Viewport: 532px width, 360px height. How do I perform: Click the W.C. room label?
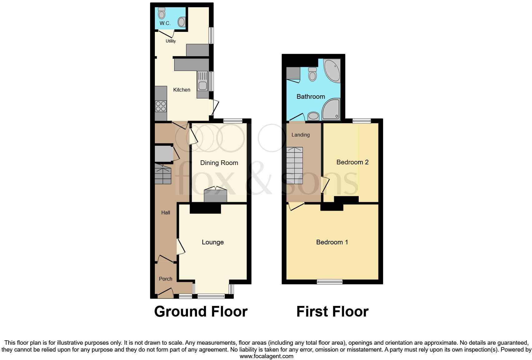click(x=165, y=23)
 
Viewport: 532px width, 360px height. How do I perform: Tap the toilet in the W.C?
click(x=161, y=13)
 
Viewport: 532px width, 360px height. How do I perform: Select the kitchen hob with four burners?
click(x=161, y=106)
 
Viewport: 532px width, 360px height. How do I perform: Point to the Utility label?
click(x=170, y=41)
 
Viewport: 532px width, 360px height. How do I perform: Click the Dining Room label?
click(x=219, y=163)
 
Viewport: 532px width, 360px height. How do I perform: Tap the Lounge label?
click(x=213, y=242)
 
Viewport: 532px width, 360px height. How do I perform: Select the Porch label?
click(x=165, y=279)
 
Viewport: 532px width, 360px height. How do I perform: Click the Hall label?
click(x=165, y=212)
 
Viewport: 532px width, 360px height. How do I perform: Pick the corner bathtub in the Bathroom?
click(x=332, y=70)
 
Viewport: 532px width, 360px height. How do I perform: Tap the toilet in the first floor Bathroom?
click(x=312, y=74)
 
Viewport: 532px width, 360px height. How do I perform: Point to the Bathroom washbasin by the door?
click(x=313, y=117)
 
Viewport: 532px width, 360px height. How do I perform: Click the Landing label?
click(x=300, y=135)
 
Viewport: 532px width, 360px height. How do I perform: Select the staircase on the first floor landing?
click(x=295, y=166)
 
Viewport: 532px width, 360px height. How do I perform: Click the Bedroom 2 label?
click(x=352, y=162)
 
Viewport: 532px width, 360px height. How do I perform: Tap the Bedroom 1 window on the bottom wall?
click(x=329, y=282)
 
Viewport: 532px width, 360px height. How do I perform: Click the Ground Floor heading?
click(x=201, y=312)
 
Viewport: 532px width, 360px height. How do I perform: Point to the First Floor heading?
click(x=332, y=312)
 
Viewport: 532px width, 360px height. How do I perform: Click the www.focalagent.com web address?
click(x=266, y=356)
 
